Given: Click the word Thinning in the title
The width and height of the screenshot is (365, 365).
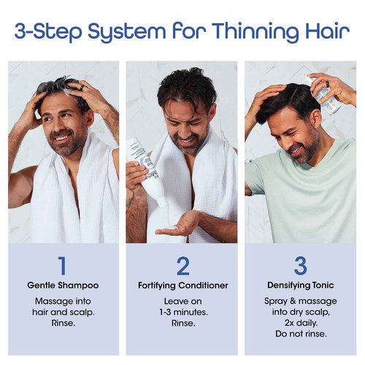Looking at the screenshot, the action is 254,32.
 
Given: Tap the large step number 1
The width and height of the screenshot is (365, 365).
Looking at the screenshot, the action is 63,266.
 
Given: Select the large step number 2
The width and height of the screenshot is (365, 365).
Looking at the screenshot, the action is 183,266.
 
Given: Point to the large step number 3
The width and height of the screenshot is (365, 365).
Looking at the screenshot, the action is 301,266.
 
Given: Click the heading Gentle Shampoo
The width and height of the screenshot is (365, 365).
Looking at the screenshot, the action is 63,285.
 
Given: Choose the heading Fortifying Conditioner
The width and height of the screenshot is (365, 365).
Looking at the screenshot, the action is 183,285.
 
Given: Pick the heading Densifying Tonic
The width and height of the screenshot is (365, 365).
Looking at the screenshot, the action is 301,285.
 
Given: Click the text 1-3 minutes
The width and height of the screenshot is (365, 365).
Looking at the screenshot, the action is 183,312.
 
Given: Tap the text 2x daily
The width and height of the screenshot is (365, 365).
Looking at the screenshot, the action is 301,323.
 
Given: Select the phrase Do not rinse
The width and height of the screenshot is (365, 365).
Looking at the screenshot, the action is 301,334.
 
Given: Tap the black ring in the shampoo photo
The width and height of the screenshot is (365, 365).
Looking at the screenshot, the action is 82,88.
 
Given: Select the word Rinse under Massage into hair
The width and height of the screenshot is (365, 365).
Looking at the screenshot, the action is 63,323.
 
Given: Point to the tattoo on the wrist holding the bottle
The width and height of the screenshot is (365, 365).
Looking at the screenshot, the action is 129,201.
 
